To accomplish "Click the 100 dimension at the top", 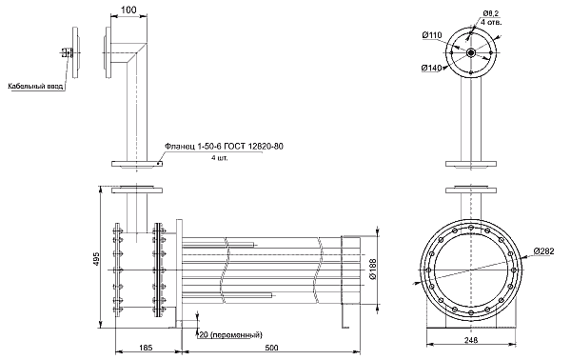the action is pyautogui.click(x=128, y=10).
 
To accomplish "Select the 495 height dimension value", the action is pyautogui.click(x=96, y=258).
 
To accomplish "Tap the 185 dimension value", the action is pyautogui.click(x=146, y=348).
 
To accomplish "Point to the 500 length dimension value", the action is pyautogui.click(x=271, y=348).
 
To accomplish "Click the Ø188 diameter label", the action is pyautogui.click(x=373, y=270).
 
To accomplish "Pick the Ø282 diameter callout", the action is pyautogui.click(x=544, y=251).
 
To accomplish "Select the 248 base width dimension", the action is pyautogui.click(x=471, y=340).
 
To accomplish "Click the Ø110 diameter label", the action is pyautogui.click(x=432, y=35).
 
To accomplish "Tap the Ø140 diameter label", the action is pyautogui.click(x=431, y=68).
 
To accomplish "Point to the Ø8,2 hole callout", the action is pyautogui.click(x=491, y=13).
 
